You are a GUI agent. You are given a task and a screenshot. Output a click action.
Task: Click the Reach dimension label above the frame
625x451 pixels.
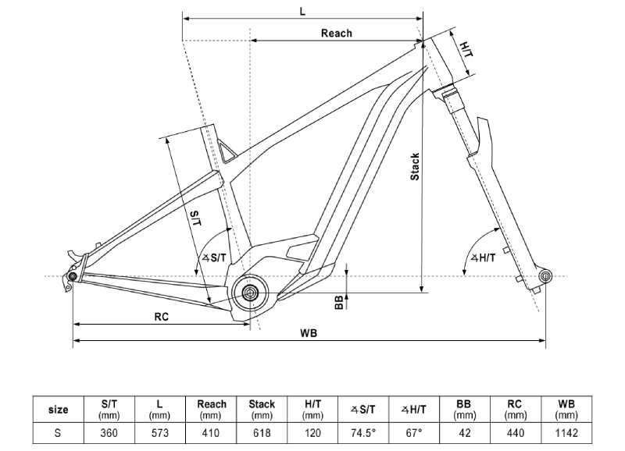tap(337, 33)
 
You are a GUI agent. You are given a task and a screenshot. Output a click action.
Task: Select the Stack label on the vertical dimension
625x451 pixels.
tap(415, 166)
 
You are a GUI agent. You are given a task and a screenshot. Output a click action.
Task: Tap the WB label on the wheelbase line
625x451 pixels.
tap(309, 333)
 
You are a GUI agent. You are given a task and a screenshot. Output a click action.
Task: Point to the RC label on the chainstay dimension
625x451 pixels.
tap(162, 317)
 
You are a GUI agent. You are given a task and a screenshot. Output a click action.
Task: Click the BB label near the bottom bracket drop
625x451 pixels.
tap(339, 303)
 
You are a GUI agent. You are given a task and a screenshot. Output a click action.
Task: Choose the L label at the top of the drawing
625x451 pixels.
tap(302, 12)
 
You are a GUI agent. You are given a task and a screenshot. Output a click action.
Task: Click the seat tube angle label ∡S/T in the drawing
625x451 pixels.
tap(214, 258)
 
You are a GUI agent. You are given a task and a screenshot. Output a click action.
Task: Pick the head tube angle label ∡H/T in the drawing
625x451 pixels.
tap(483, 258)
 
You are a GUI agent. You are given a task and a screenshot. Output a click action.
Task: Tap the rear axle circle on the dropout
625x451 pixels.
tap(73, 276)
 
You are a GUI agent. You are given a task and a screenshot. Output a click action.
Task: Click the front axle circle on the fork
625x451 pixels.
tap(545, 276)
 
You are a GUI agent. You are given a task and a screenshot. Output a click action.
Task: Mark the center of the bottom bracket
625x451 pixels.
tap(250, 293)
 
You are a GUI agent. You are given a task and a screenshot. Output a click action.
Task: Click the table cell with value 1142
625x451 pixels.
tap(566, 433)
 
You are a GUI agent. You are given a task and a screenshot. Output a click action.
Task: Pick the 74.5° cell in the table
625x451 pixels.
tap(363, 433)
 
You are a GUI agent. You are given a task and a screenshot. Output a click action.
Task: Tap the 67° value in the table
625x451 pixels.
tap(414, 433)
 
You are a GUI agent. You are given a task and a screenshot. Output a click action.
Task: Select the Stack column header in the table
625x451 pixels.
tap(262, 409)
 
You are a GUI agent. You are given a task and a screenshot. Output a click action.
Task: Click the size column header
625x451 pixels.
tap(58, 409)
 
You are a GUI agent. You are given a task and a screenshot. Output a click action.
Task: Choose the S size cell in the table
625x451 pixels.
tap(58, 433)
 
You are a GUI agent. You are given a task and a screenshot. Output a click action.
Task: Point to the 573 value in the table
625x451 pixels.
tap(160, 433)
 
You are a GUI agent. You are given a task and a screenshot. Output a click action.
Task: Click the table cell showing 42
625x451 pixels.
tap(465, 433)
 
